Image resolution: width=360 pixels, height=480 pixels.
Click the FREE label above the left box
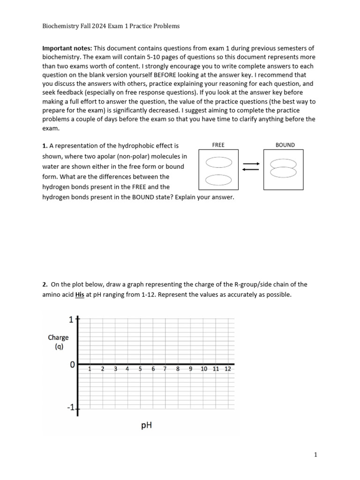click(x=218, y=145)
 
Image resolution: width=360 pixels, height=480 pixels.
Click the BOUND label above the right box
click(x=285, y=145)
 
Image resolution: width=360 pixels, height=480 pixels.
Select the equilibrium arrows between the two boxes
click(x=250, y=166)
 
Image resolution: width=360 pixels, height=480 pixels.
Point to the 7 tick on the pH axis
click(x=165, y=369)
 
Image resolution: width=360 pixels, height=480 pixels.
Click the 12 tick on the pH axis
click(x=228, y=369)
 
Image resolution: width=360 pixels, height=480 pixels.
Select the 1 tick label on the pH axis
click(x=90, y=369)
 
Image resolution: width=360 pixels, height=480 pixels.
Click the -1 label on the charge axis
click(x=70, y=408)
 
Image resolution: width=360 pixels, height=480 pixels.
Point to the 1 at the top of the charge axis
click(x=71, y=320)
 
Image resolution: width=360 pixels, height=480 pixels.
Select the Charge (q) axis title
click(x=58, y=342)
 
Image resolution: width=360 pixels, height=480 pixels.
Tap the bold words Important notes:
click(x=67, y=48)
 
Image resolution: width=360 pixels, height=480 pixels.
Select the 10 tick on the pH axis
click(x=204, y=369)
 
